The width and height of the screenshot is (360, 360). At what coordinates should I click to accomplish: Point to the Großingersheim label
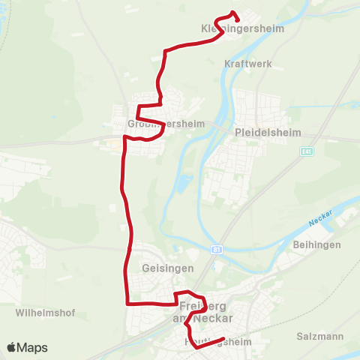click(160, 125)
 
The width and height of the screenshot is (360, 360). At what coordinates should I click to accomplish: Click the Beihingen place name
click(318, 244)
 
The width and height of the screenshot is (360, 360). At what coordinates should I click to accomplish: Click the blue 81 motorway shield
click(216, 249)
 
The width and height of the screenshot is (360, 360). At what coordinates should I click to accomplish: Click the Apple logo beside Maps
click(11, 347)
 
